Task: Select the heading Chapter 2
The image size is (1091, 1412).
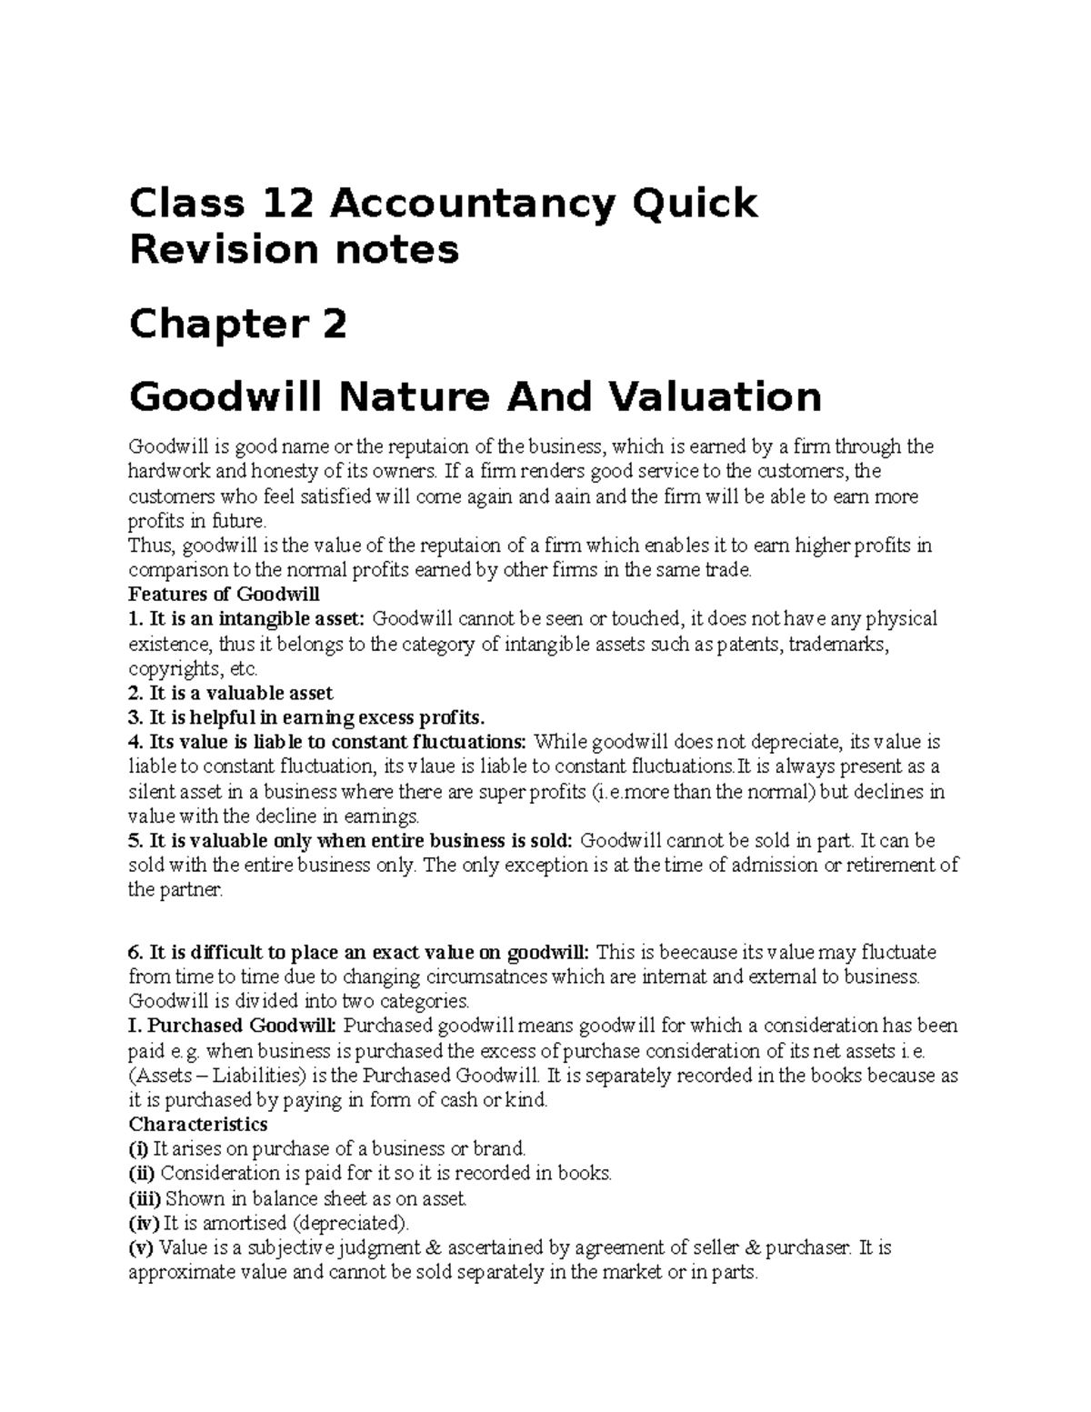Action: point(238,324)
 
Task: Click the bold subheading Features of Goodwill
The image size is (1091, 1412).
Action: point(225,595)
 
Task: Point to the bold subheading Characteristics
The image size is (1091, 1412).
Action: point(198,1124)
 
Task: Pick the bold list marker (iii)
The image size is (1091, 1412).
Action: point(145,1198)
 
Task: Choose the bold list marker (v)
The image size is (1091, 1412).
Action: point(142,1247)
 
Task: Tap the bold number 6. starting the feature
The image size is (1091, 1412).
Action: point(136,952)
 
